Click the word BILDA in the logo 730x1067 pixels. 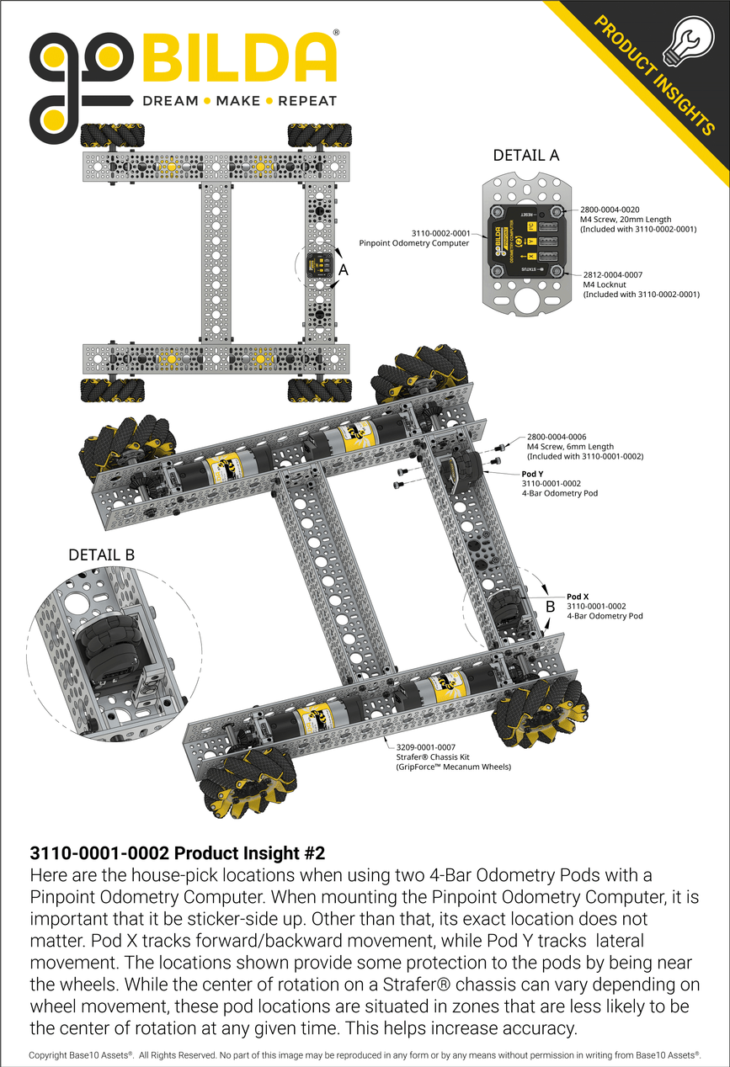pyautogui.click(x=239, y=59)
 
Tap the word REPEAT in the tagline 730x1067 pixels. pyautogui.click(x=307, y=101)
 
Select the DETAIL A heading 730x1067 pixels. pyautogui.click(x=525, y=156)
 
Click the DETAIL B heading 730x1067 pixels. pyautogui.click(x=101, y=555)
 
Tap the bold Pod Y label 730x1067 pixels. pyautogui.click(x=532, y=474)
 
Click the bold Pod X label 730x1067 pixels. pyautogui.click(x=577, y=596)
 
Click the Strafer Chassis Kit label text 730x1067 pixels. pyautogui.click(x=434, y=756)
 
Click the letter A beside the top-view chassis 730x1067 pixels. pyautogui.click(x=343, y=270)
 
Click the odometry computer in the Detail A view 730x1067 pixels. pyautogui.click(x=526, y=243)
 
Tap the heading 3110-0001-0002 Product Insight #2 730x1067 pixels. pyautogui.click(x=177, y=852)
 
